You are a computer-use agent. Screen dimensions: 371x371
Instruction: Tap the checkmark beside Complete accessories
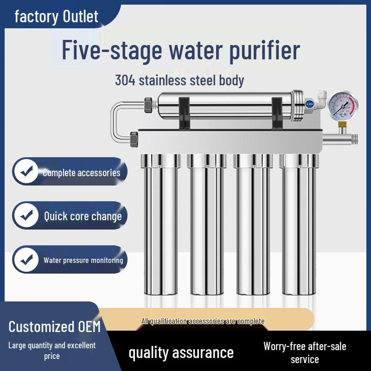click(27, 172)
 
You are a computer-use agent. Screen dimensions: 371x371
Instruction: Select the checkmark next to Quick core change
click(27, 215)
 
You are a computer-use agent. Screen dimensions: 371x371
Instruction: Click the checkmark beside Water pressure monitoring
click(27, 259)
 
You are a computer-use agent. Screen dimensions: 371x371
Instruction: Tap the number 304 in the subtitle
click(125, 80)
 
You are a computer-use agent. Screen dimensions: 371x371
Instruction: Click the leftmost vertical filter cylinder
click(160, 227)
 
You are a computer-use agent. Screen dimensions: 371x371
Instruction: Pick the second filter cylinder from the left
click(207, 227)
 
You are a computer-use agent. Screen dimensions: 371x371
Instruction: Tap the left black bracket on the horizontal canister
click(184, 112)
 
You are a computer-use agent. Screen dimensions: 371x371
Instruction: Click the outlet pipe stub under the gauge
click(343, 138)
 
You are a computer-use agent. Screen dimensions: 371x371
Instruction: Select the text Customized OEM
click(54, 326)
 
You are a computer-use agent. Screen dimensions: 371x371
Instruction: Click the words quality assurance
click(181, 352)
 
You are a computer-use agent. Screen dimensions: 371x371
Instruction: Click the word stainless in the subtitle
click(167, 80)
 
